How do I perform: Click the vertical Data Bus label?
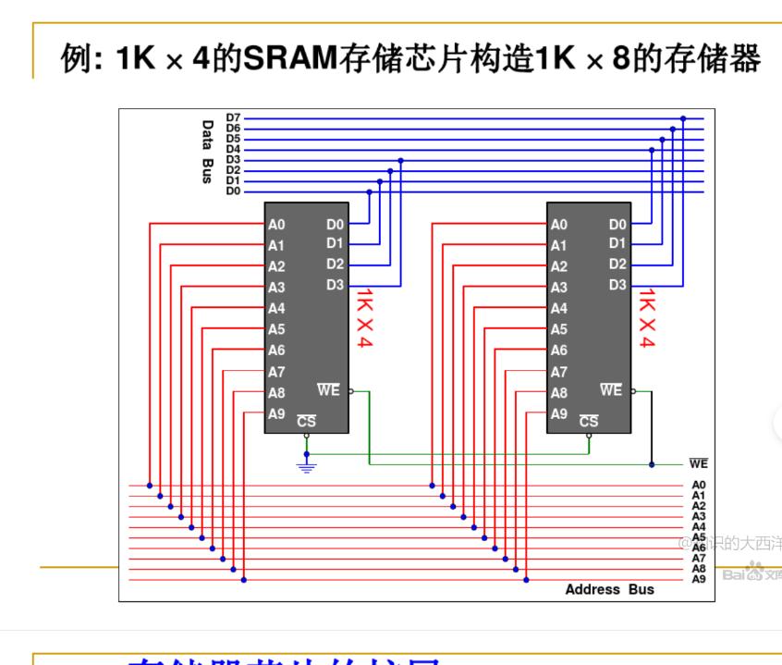click(x=208, y=151)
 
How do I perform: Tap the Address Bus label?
click(x=609, y=589)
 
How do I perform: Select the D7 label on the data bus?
click(x=233, y=118)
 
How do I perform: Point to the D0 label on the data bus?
click(x=233, y=191)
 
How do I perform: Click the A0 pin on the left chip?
click(x=276, y=225)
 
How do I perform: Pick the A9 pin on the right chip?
click(x=558, y=414)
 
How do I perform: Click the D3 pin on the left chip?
click(x=335, y=285)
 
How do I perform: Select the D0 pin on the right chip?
click(x=617, y=225)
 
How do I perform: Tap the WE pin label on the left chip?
click(x=328, y=390)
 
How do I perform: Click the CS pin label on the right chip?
click(x=589, y=421)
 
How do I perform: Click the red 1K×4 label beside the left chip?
click(x=364, y=318)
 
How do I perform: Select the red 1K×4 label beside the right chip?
click(x=647, y=318)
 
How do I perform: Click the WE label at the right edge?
click(x=698, y=464)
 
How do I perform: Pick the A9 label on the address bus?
click(x=698, y=579)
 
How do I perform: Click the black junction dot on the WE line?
click(x=652, y=464)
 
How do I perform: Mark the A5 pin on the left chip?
click(x=276, y=329)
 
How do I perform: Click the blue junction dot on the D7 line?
click(x=683, y=118)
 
